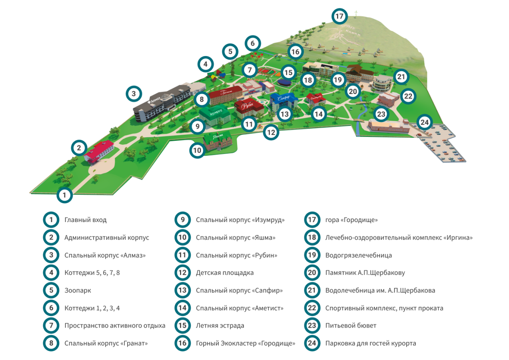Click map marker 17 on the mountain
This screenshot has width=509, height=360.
point(339,16)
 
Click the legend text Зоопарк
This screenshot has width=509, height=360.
point(78,290)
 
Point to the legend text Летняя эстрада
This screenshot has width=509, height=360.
point(220,326)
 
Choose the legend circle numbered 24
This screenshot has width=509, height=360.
point(312,343)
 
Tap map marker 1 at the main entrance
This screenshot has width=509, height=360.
point(64,195)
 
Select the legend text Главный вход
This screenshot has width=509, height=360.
point(85,220)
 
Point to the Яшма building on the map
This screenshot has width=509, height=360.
point(218,141)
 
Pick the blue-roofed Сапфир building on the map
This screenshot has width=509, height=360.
point(284,100)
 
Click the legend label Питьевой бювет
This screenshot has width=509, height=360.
point(351,326)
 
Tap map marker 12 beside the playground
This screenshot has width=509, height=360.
point(271,132)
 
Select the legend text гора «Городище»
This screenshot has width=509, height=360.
point(351,220)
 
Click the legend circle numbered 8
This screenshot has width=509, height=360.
point(51,343)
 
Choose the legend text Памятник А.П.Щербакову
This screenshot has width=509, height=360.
point(365,273)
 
